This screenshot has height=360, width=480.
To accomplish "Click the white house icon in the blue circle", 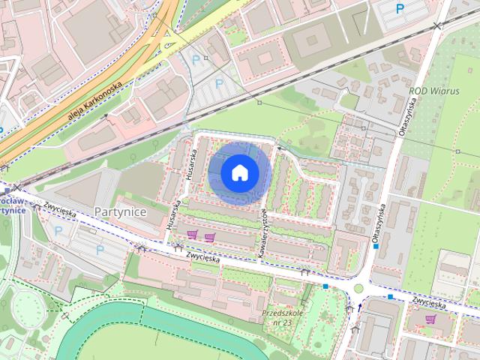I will click(x=239, y=173).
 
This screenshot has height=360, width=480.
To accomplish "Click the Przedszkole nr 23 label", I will click(x=281, y=316).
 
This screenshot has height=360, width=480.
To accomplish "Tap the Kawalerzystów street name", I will click(x=263, y=233).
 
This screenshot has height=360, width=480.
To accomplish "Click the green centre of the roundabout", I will click(x=358, y=289).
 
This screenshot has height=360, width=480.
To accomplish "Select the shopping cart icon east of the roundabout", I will click(x=430, y=319).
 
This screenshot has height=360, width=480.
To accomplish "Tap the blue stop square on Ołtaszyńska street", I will click(x=375, y=245).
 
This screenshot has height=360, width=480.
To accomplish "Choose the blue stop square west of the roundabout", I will click(x=325, y=286).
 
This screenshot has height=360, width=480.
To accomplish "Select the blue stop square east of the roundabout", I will click(x=391, y=296).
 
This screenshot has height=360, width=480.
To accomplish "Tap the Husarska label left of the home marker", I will click(x=191, y=161).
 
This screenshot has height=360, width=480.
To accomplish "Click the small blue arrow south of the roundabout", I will click(x=360, y=307).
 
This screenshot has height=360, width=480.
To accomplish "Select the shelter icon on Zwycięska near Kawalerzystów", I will click(x=304, y=272).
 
